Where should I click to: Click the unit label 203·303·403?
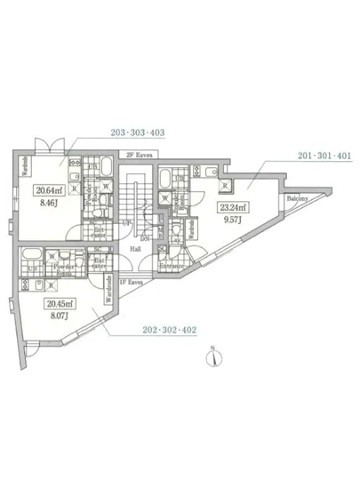139,132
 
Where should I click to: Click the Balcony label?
297,199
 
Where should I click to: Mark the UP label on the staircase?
127,222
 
